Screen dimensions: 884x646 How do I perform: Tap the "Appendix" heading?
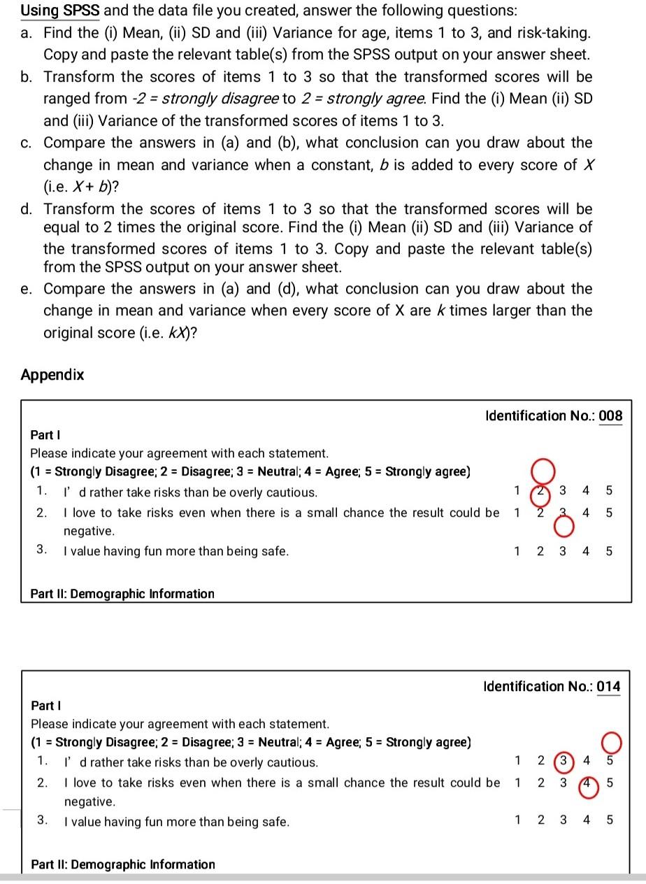click(x=52, y=375)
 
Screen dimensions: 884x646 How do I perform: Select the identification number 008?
click(x=610, y=416)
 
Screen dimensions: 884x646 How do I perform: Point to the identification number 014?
click(x=608, y=687)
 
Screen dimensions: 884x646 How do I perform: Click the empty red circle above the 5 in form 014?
click(x=609, y=741)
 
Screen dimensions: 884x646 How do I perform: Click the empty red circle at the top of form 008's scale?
click(x=543, y=469)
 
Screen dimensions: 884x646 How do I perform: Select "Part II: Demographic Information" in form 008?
click(x=122, y=594)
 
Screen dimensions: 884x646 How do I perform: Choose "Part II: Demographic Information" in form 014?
click(x=123, y=864)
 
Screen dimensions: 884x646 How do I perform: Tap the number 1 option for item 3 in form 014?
click(x=517, y=821)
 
